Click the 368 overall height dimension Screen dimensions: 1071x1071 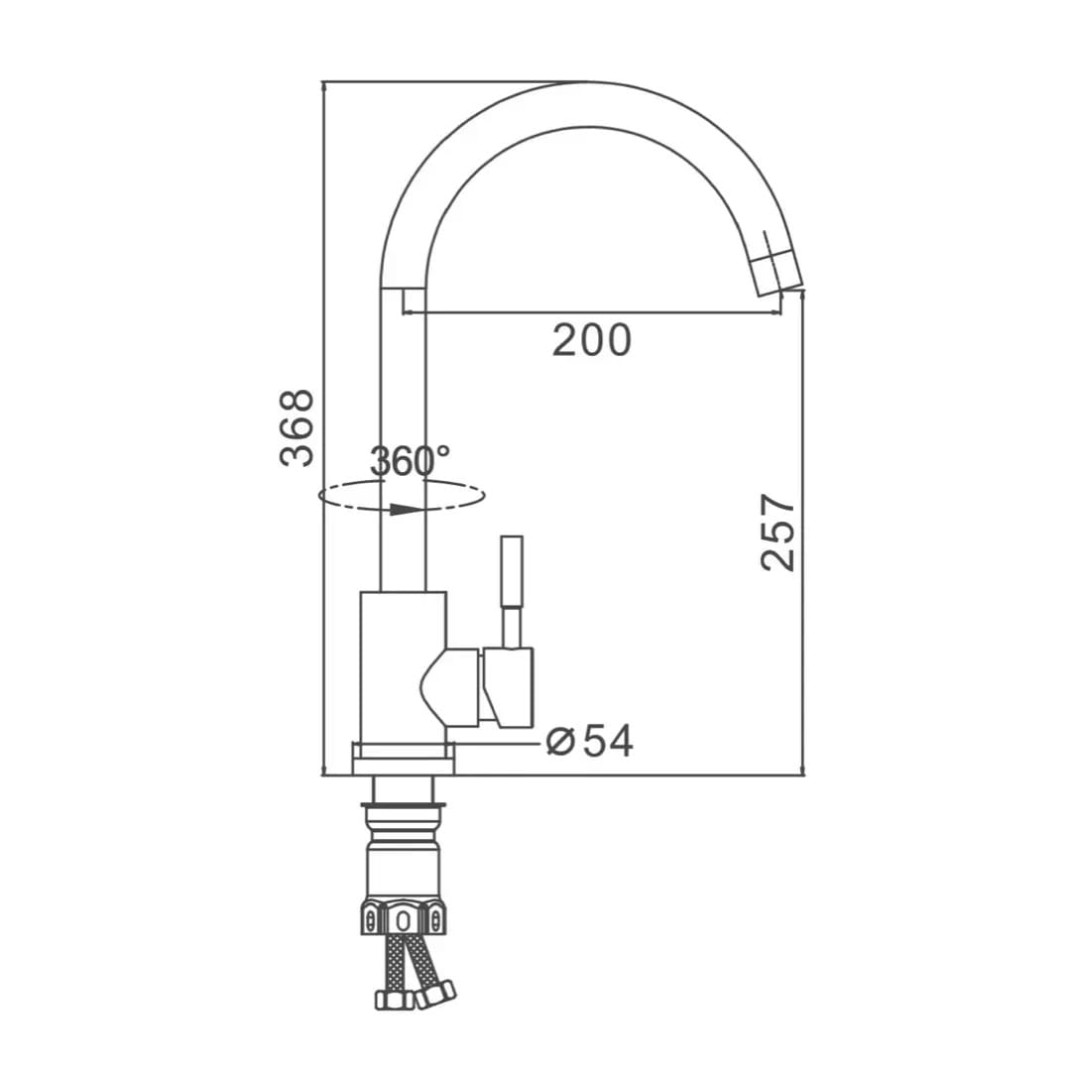pos(297,428)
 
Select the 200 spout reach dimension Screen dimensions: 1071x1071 pos(591,340)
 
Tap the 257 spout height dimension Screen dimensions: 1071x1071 pos(778,533)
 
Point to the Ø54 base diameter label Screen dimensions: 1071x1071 pos(590,741)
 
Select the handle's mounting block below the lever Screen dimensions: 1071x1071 pos(508,686)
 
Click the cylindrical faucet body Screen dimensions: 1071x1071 pos(403,666)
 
